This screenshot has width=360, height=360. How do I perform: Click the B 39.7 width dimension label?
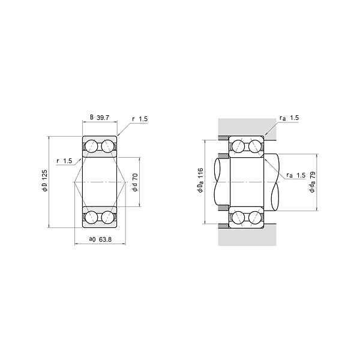[x=100, y=118]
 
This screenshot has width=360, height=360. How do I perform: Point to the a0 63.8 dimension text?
[x=100, y=239]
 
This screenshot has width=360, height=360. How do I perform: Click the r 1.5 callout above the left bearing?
[x=139, y=119]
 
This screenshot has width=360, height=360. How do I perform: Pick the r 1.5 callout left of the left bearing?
[x=64, y=161]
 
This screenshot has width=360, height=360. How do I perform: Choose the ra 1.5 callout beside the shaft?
[x=296, y=175]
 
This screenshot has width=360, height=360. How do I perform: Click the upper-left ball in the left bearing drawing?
[x=92, y=146]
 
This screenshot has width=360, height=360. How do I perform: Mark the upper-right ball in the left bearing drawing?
[x=108, y=146]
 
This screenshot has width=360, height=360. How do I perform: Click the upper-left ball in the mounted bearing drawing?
[x=238, y=146]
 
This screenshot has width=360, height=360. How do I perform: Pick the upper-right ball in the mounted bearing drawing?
[x=254, y=146]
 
